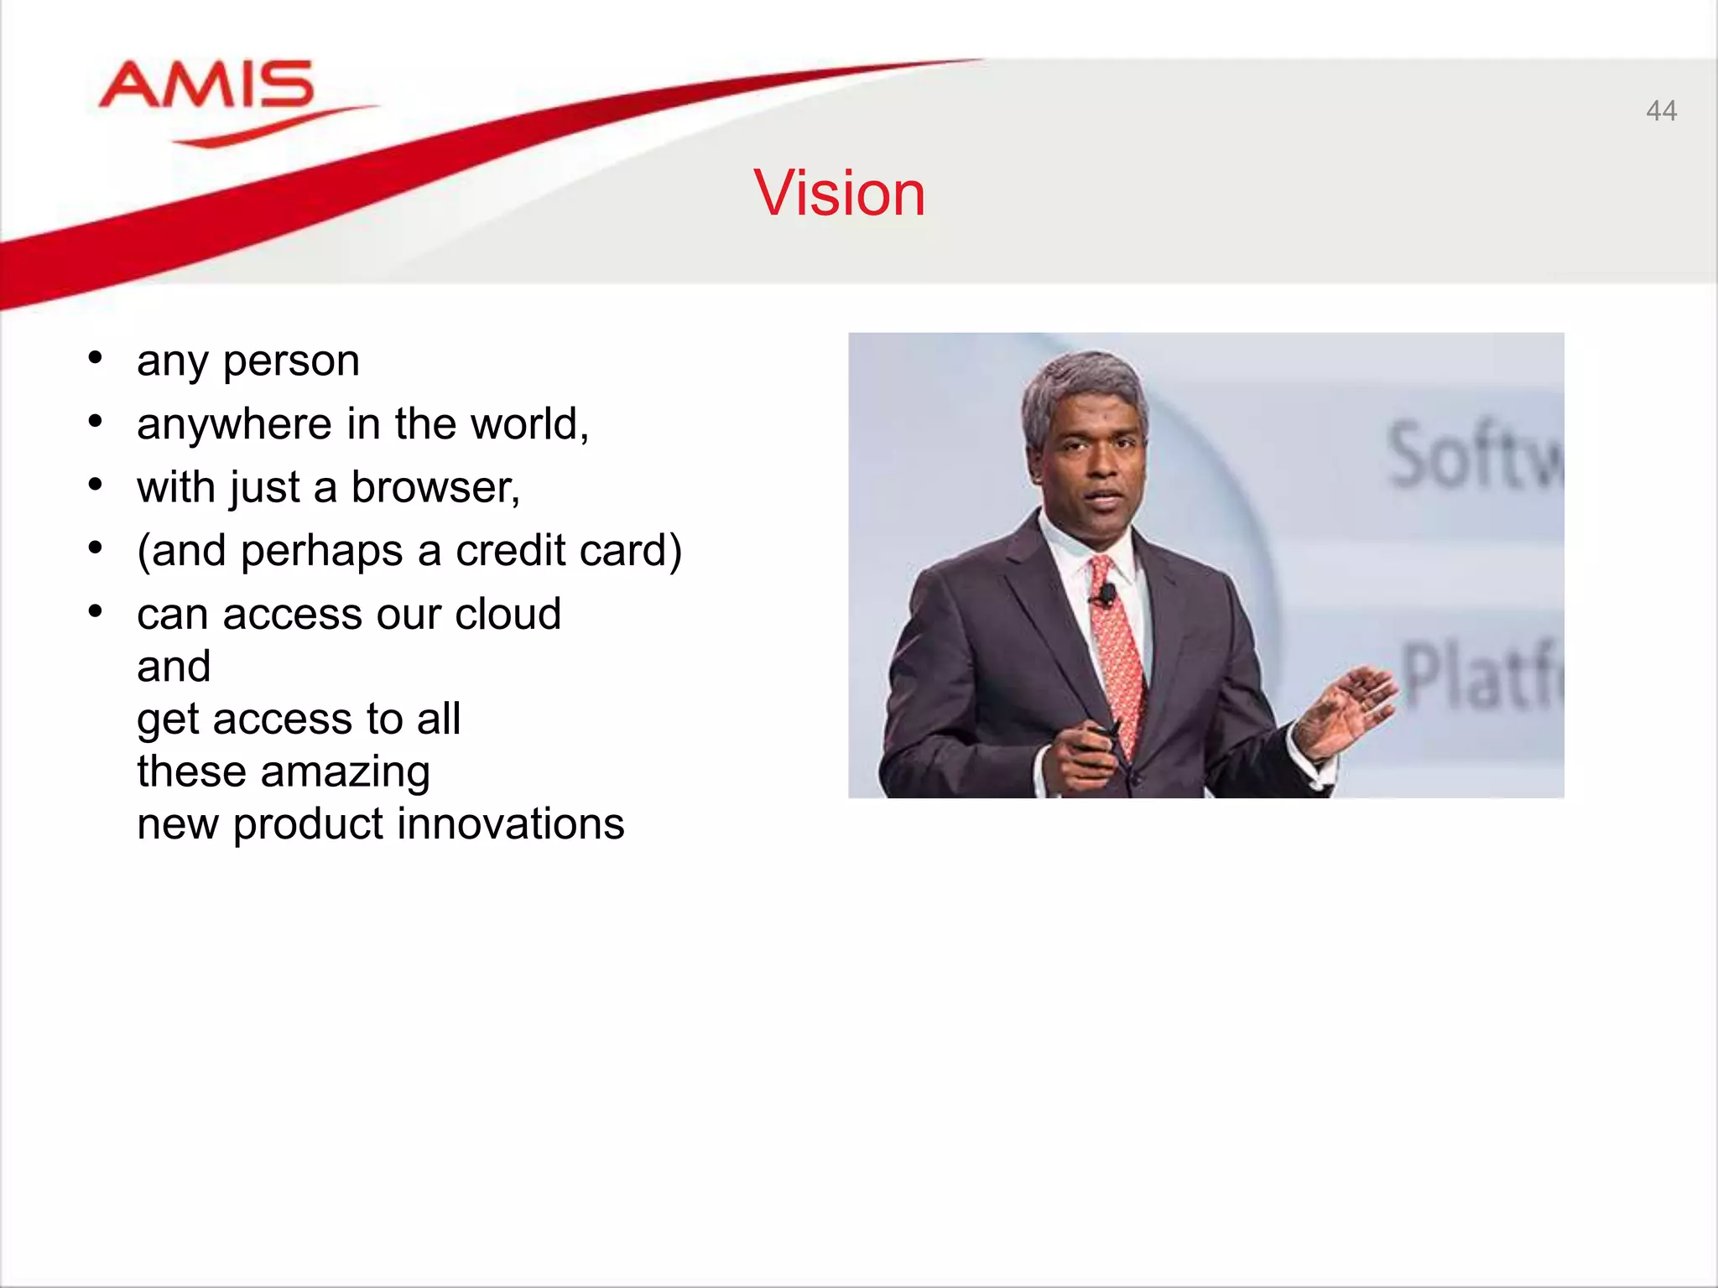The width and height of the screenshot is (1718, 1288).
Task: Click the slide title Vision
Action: (x=839, y=194)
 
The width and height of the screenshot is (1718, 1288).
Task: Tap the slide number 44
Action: (x=1661, y=111)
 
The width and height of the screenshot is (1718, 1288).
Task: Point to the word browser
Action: (x=433, y=488)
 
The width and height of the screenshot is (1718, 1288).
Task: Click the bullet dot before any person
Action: (x=96, y=359)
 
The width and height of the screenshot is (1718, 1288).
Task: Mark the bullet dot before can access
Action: (x=96, y=612)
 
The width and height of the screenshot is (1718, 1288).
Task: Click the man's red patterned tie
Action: (x=1118, y=662)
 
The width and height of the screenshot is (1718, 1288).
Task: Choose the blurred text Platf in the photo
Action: (x=1481, y=675)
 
